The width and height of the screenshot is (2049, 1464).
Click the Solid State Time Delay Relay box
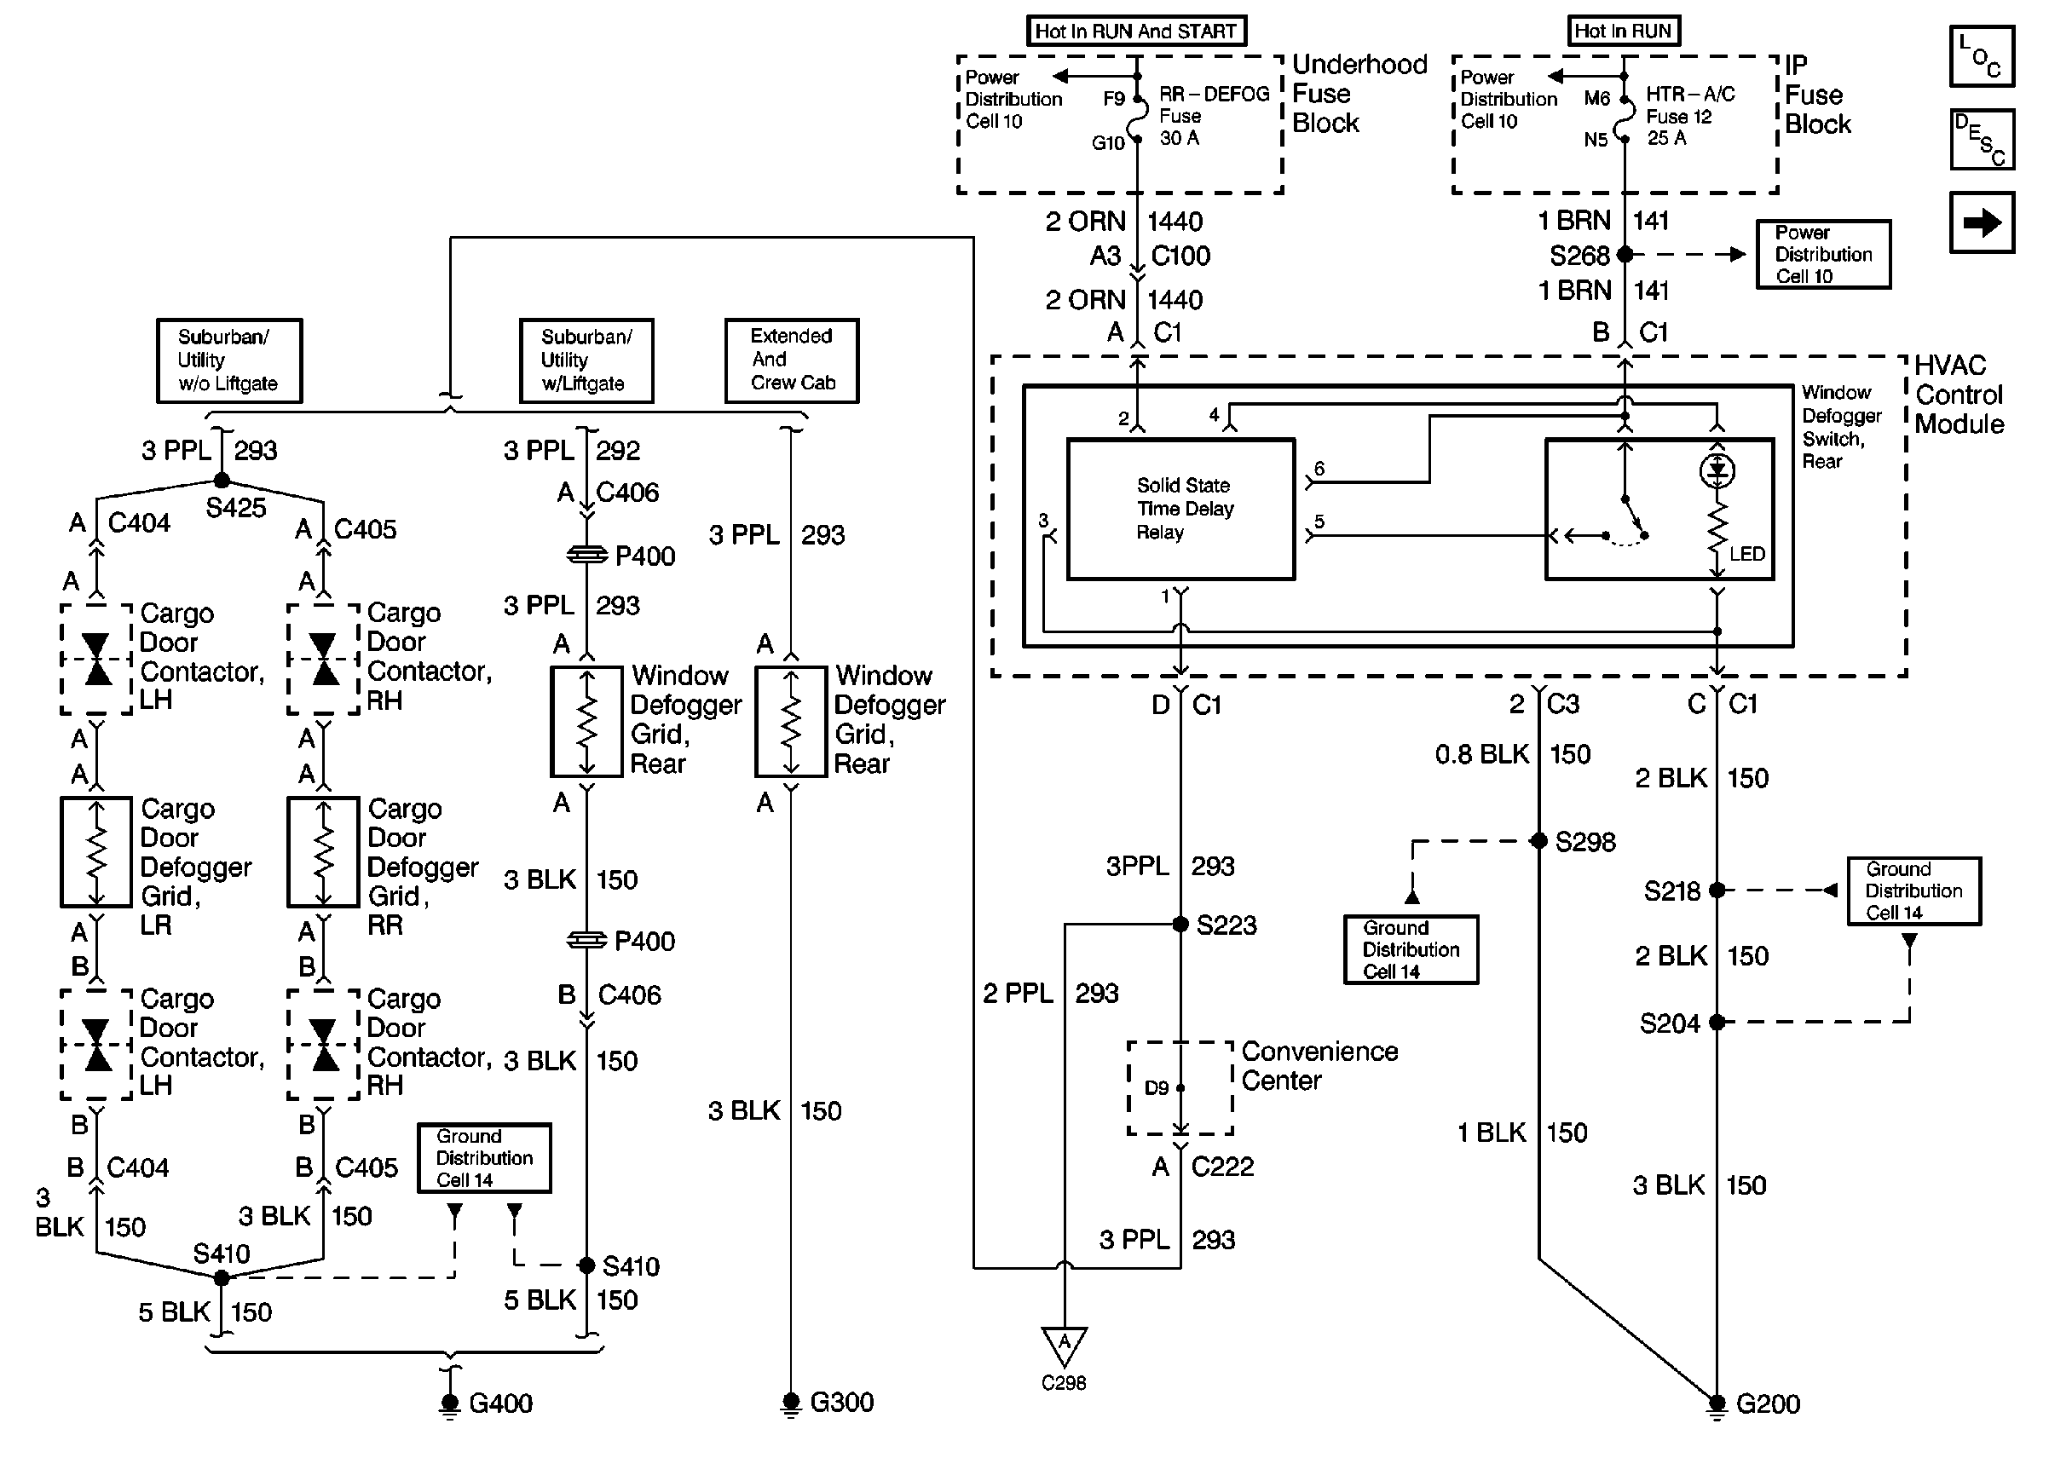pos(1180,510)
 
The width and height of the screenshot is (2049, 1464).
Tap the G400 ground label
pos(500,1403)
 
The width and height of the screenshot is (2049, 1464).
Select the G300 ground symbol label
pos(841,1403)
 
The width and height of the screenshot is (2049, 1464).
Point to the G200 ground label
pos(1767,1404)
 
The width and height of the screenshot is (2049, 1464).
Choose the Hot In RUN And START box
pos(1136,32)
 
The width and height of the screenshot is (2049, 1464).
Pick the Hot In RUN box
pos(1623,32)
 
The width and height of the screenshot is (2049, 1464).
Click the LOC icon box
pos(1982,56)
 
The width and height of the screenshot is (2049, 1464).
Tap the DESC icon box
pos(1982,139)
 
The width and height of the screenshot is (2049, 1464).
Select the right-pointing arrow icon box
pos(1982,222)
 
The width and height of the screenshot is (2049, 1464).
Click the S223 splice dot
pos(1180,924)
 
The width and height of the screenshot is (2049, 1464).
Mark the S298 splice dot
pos(1538,841)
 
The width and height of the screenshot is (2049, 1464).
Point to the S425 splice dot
pos(221,481)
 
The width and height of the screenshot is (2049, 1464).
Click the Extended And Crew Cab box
pos(792,360)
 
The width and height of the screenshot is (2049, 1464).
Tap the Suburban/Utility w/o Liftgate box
pos(229,360)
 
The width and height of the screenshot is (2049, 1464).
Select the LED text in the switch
pos(1746,555)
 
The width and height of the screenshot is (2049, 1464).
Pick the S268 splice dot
pos(1625,255)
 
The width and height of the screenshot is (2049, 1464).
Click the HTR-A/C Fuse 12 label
pos(1689,116)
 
